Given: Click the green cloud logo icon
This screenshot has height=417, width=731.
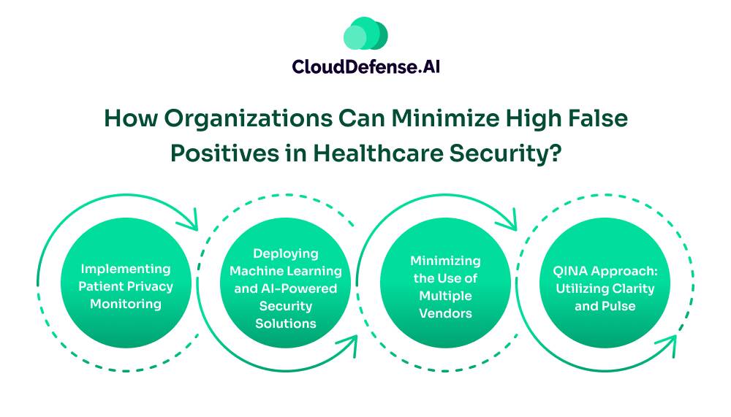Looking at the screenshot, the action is [x=365, y=33].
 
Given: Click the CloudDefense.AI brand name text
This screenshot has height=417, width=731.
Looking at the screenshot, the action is [x=366, y=66].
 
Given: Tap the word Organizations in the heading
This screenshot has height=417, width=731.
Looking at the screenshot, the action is [x=248, y=118].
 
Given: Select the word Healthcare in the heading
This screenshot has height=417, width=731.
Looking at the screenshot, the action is [x=378, y=153].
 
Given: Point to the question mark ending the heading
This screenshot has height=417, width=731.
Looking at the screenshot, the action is [x=556, y=153].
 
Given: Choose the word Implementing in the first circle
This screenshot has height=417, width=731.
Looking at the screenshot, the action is [x=126, y=269].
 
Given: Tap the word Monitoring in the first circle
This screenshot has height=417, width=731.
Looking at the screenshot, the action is [x=126, y=305].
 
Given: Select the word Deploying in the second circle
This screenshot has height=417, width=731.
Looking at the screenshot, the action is [x=286, y=254].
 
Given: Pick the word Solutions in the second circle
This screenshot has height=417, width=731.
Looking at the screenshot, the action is [x=286, y=324].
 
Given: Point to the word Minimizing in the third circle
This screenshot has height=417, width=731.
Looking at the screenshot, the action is [x=445, y=261].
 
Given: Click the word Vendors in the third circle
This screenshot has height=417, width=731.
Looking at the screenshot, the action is [x=445, y=313].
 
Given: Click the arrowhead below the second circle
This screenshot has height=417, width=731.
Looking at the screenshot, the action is [x=348, y=345].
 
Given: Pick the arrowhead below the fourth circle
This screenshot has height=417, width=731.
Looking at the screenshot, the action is [x=667, y=345].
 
